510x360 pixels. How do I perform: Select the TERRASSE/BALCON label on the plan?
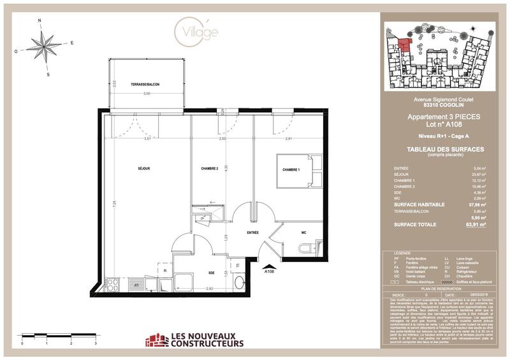(x=146, y=85)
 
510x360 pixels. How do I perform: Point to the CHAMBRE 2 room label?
(x=210, y=169)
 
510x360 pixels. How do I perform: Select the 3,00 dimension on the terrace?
(x=146, y=94)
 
